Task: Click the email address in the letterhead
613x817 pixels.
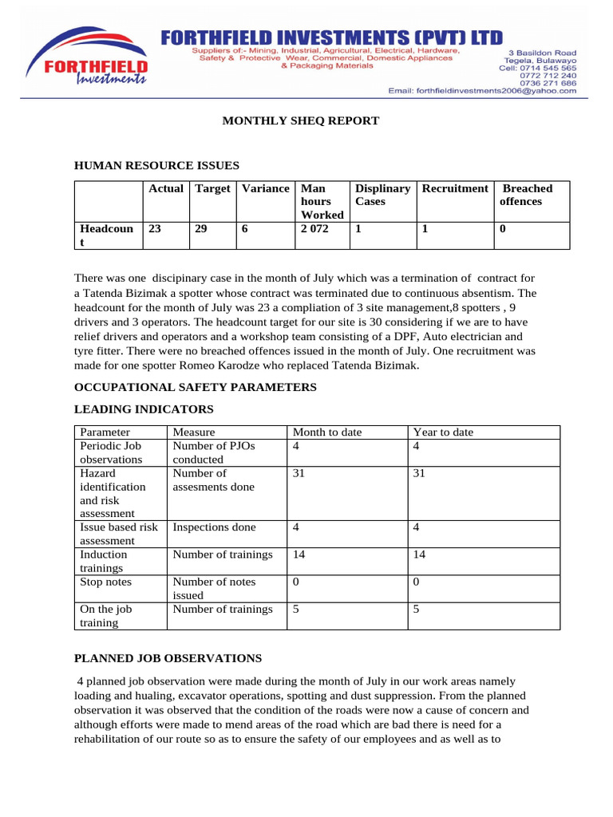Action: coord(482,91)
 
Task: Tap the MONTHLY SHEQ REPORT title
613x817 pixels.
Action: coord(300,120)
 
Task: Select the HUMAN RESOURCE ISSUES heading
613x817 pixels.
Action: coord(156,166)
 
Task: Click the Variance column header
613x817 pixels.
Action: coord(265,189)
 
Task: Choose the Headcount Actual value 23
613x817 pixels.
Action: coord(155,228)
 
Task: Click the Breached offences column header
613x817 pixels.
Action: coord(526,195)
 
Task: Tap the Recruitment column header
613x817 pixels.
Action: coord(454,189)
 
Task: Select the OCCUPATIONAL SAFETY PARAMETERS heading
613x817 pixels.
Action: coord(195,387)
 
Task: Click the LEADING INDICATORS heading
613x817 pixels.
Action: coord(144,409)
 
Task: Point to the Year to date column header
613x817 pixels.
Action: coord(442,432)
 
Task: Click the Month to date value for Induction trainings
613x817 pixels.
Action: coord(299,555)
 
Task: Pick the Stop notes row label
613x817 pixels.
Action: coord(106,582)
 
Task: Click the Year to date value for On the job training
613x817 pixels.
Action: coord(417,609)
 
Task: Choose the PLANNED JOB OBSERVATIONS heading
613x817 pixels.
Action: coord(168,658)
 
